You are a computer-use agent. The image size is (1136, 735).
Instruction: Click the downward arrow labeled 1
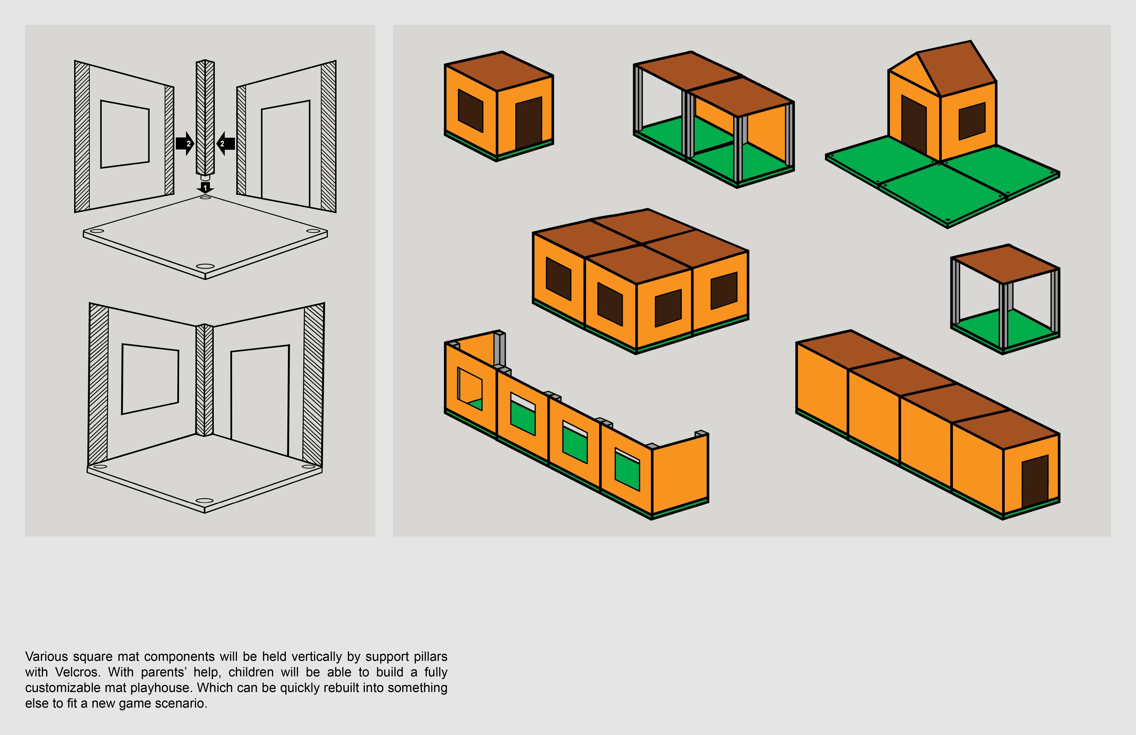tap(205, 187)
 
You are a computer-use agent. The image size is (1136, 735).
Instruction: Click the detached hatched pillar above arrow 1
tap(205, 117)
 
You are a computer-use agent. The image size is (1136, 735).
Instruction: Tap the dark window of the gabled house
tap(972, 121)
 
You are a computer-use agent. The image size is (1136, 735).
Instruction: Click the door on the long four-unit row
tap(1035, 481)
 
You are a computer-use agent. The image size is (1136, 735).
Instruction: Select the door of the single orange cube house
tap(528, 123)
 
